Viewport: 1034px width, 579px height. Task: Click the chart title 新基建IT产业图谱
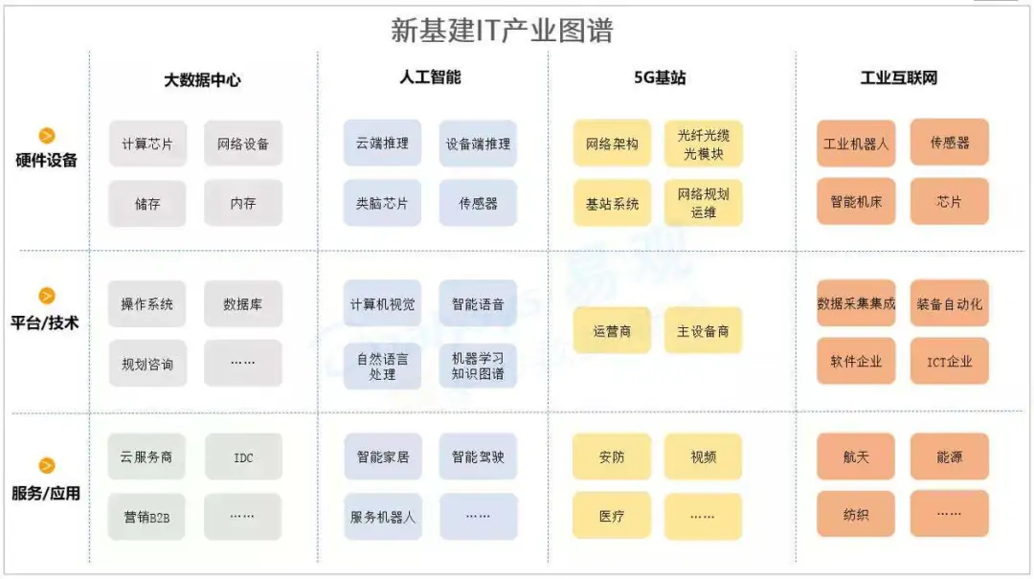[x=502, y=31]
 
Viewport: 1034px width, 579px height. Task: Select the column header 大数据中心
[x=202, y=80]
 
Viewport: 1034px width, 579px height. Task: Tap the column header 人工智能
[x=430, y=78]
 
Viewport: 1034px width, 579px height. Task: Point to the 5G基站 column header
[x=660, y=78]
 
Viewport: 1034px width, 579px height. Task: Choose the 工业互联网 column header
[x=899, y=78]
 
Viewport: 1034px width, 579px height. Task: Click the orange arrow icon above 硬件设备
[x=47, y=135]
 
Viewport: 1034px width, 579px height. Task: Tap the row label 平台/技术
[x=45, y=323]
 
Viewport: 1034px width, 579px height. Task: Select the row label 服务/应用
[x=46, y=493]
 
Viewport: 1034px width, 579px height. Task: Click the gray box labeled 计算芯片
[x=147, y=144]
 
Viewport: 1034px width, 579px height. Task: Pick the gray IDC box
[x=243, y=457]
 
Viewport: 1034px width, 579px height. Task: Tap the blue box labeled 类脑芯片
[x=382, y=203]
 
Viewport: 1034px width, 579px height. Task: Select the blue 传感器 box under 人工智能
[x=478, y=203]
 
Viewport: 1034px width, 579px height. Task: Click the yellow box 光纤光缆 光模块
[x=704, y=144]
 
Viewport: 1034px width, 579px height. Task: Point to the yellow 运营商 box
[x=612, y=330]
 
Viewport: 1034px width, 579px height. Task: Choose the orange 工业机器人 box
[x=856, y=144]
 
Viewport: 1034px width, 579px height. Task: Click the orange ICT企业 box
[x=950, y=361]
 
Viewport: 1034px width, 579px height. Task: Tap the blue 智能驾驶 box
[x=478, y=457]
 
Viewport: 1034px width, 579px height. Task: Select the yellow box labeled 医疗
[x=611, y=516]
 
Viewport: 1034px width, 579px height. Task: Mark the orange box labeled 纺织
[x=856, y=514]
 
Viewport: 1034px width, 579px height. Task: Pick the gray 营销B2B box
[x=147, y=517]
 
